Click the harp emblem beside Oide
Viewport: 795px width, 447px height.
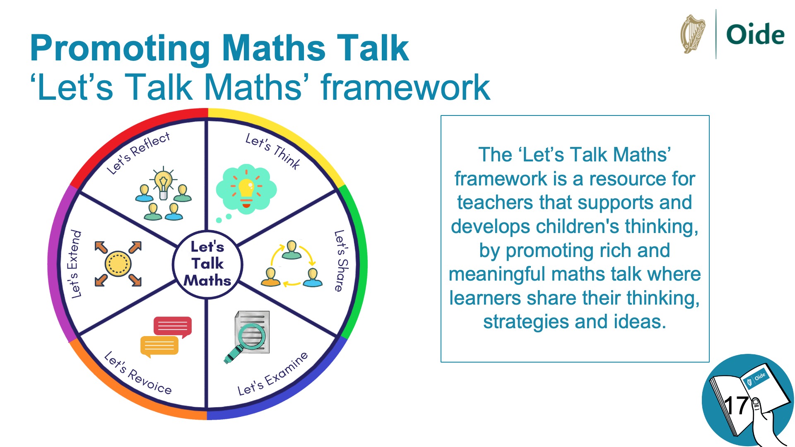click(693, 34)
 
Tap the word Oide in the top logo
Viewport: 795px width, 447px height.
click(755, 34)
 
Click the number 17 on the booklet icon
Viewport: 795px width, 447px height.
click(736, 406)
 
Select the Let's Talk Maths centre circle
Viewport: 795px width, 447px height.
click(207, 264)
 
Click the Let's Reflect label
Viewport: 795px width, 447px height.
click(138, 153)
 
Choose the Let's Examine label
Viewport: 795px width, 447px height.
click(272, 374)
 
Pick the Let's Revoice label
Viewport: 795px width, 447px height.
click(137, 373)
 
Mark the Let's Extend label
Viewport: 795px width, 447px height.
click(74, 264)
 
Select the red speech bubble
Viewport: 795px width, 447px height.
click(173, 327)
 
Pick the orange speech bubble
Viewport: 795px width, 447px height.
click(159, 346)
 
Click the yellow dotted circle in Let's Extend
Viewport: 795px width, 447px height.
click(118, 264)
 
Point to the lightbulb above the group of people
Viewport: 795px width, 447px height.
click(164, 183)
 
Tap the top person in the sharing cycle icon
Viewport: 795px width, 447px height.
click(291, 250)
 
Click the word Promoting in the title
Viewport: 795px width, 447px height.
click(120, 49)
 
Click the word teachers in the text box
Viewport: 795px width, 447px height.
click(494, 203)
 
